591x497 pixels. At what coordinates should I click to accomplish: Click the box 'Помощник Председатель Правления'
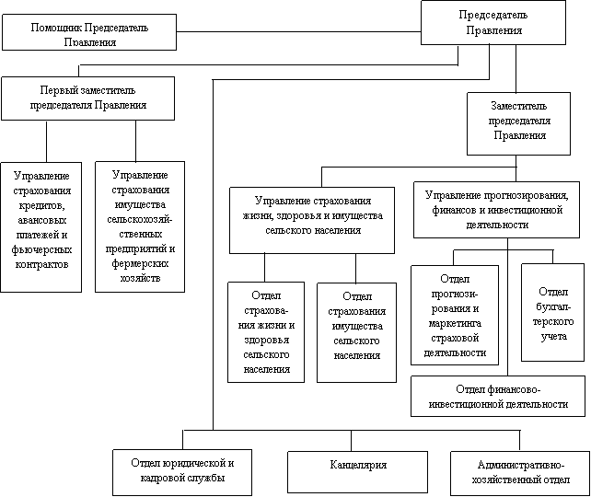click(89, 34)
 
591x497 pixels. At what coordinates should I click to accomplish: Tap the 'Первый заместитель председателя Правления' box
click(88, 98)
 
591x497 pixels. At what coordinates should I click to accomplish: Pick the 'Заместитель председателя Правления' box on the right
click(519, 122)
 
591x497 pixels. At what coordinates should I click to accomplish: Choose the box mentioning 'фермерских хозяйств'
click(139, 226)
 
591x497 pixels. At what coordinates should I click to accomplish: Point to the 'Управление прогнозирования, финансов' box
click(497, 210)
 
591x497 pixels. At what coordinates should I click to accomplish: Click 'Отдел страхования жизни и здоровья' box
click(266, 331)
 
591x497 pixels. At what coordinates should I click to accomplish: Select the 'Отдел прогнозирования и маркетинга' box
click(455, 316)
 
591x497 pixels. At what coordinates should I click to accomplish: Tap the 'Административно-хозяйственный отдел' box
click(521, 472)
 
